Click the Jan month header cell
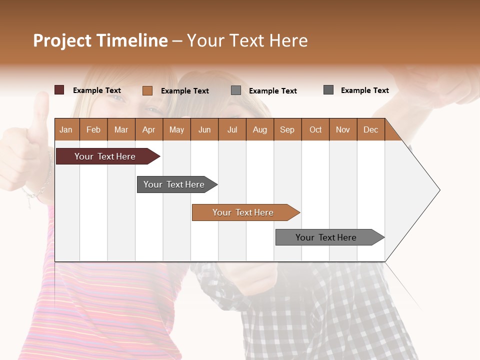click(66, 129)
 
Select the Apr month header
click(149, 129)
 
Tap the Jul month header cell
click(232, 129)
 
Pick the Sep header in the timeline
click(287, 129)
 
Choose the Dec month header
click(370, 129)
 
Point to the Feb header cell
click(93, 129)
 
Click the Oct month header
click(315, 129)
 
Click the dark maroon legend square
click(59, 90)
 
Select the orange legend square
click(147, 90)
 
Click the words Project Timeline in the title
click(100, 40)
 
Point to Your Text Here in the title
click(247, 40)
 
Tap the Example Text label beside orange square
click(185, 91)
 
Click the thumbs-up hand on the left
click(25, 150)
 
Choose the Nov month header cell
click(343, 129)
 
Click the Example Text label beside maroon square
click(97, 90)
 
